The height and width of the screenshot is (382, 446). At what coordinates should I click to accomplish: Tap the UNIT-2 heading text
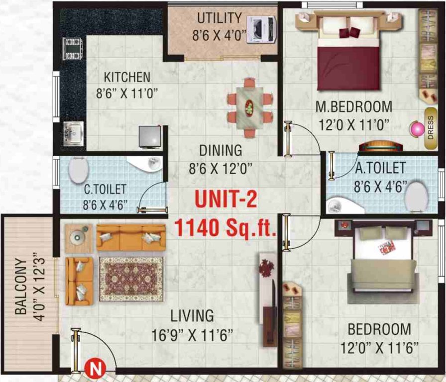click(x=225, y=200)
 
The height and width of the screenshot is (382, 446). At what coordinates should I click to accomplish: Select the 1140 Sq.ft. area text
click(x=225, y=228)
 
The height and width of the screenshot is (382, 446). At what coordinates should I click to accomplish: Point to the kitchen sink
click(x=73, y=133)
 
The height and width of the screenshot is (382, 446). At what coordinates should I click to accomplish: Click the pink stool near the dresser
click(x=415, y=129)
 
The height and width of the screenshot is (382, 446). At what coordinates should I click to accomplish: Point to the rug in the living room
click(x=131, y=279)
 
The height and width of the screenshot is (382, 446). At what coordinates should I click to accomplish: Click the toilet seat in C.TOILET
click(x=78, y=171)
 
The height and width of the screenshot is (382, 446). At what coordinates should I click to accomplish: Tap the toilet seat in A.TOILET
click(x=416, y=196)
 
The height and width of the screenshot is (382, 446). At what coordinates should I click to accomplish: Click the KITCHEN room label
click(x=127, y=78)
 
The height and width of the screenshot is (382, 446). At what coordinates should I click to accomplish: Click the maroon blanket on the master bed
click(x=348, y=64)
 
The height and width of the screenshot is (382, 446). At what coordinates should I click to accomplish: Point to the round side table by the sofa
click(x=78, y=236)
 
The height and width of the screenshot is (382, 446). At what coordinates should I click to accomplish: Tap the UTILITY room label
click(x=220, y=18)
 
